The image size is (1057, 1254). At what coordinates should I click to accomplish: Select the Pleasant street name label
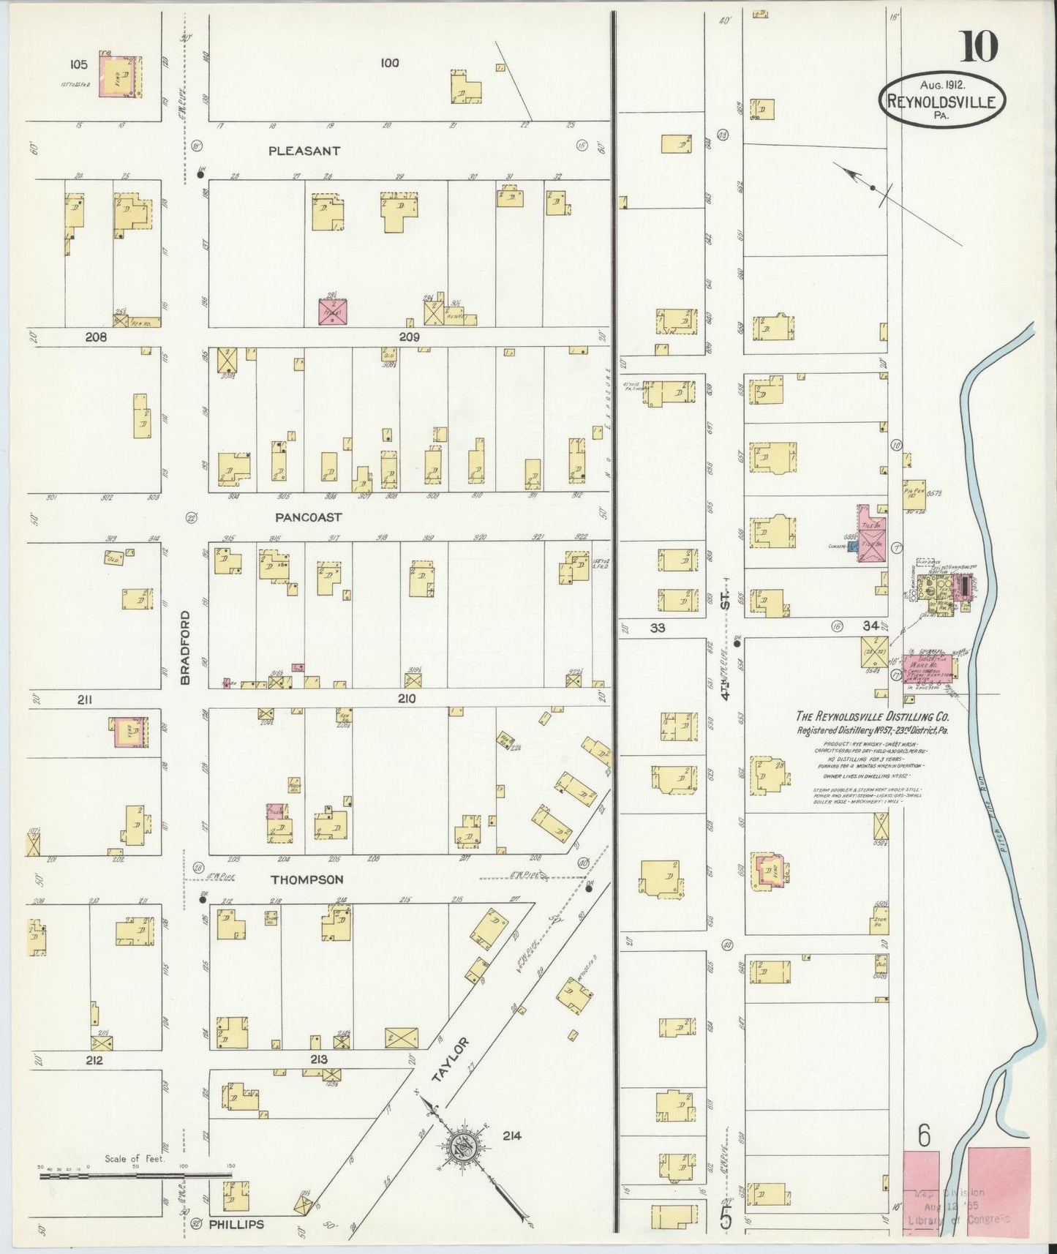[x=304, y=151]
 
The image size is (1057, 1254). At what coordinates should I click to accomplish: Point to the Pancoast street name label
[x=308, y=517]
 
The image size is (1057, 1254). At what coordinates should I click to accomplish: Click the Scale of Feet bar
[x=135, y=1176]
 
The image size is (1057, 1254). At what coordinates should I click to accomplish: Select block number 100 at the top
[x=389, y=63]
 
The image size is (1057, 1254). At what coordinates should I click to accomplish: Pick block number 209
[x=409, y=337]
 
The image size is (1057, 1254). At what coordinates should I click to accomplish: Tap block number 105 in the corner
[x=78, y=64]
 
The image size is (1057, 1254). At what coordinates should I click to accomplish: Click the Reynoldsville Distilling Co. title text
[x=873, y=718]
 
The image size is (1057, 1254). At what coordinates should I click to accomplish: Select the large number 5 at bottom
[x=726, y=1217]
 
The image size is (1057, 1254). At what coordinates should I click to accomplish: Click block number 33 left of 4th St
[x=658, y=627]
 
